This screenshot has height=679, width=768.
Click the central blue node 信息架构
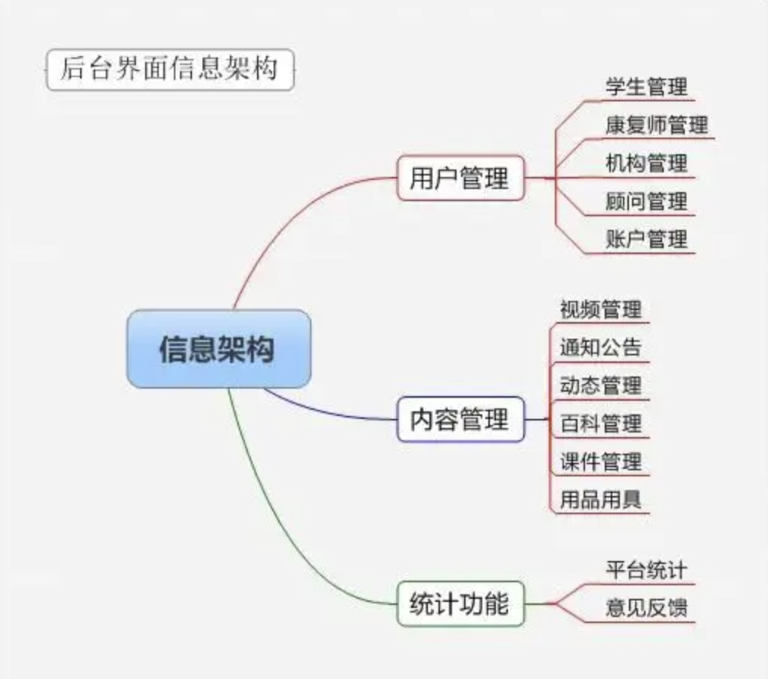[x=218, y=349]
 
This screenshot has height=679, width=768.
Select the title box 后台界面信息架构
[x=169, y=70]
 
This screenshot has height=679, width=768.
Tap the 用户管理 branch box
[x=460, y=178]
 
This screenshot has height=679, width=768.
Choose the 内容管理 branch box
[x=460, y=420]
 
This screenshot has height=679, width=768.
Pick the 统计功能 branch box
[x=460, y=603]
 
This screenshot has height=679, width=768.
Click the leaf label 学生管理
[x=646, y=86]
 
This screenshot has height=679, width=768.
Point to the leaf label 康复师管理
[x=656, y=125]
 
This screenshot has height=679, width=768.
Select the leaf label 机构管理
[x=646, y=163]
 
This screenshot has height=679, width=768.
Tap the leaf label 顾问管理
[x=646, y=201]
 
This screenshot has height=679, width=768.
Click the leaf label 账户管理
[x=646, y=240]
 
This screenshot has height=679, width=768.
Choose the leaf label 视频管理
[x=601, y=309]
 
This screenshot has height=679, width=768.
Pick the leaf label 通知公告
[x=601, y=347]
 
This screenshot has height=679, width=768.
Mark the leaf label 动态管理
[x=601, y=385]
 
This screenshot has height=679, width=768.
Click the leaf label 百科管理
[x=601, y=423]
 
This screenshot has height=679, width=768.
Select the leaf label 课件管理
[x=601, y=461]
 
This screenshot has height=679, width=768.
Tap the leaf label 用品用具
[x=601, y=500]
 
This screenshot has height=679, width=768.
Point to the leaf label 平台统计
[x=646, y=569]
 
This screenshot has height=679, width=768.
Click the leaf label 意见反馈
[x=646, y=608]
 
